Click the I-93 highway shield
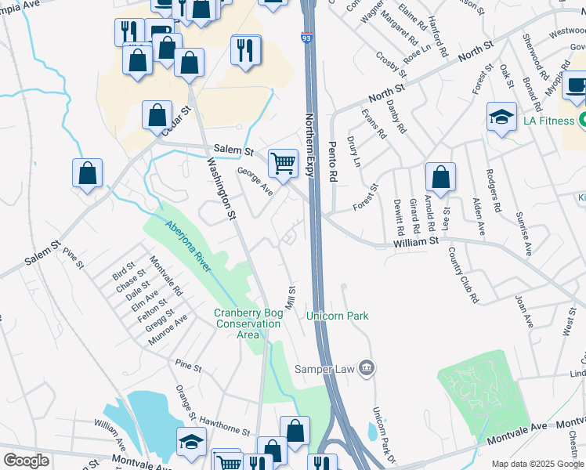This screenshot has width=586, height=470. tap(306, 37)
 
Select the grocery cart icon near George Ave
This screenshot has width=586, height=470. tap(283, 164)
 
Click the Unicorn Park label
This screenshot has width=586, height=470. tap(338, 316)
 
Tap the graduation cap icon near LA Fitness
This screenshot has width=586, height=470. tap(501, 117)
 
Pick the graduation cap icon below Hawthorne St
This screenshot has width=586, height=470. tap(191, 443)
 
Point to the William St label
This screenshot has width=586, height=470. tap(415, 244)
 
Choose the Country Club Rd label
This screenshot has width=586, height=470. tap(463, 275)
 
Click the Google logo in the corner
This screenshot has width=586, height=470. tap(26, 461)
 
